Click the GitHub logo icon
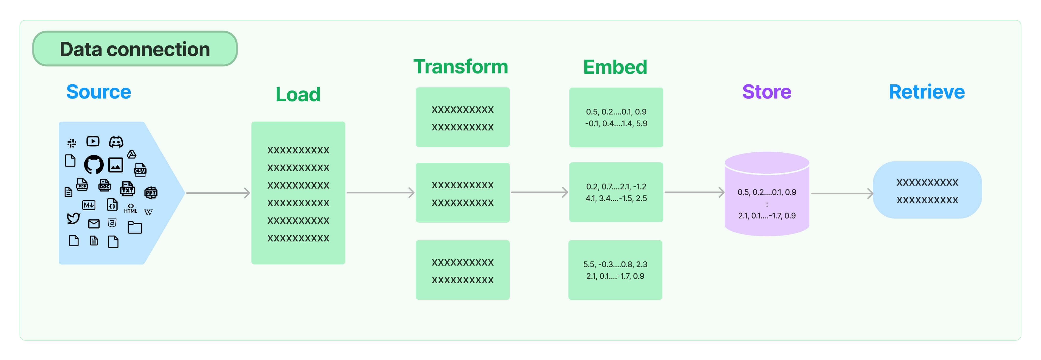tap(94, 164)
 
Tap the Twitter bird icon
tap(73, 218)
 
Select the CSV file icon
tap(140, 170)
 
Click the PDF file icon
tap(82, 185)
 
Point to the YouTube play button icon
tap(93, 141)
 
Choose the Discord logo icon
tap(116, 142)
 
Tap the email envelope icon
tap(94, 224)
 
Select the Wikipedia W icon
tap(148, 212)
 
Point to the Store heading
tap(767, 92)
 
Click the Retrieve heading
tap(927, 92)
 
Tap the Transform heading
tap(461, 67)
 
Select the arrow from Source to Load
tap(218, 193)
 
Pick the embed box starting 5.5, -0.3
tap(615, 270)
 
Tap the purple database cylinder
tap(767, 194)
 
